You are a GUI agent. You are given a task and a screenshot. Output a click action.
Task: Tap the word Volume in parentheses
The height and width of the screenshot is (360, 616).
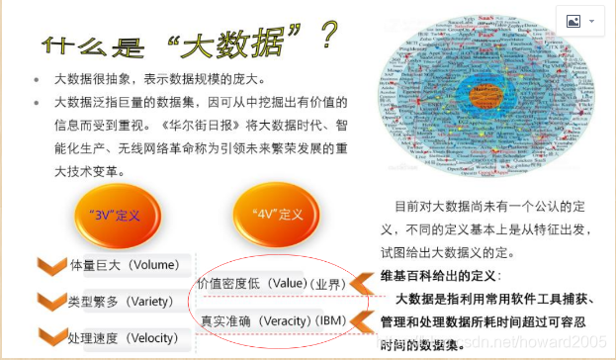(x=155, y=265)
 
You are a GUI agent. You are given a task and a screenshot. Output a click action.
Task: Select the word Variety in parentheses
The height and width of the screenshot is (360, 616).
(x=153, y=301)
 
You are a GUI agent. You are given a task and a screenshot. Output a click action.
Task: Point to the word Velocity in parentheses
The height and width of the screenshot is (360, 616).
(x=157, y=337)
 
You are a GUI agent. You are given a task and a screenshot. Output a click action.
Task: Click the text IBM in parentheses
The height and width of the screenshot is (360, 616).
(x=333, y=321)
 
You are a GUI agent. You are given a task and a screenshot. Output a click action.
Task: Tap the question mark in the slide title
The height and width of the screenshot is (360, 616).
(x=326, y=38)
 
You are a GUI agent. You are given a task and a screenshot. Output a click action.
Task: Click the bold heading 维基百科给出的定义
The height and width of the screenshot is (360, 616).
(x=440, y=275)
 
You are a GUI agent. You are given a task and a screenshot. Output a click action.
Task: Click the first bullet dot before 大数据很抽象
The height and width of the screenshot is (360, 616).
(x=37, y=78)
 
